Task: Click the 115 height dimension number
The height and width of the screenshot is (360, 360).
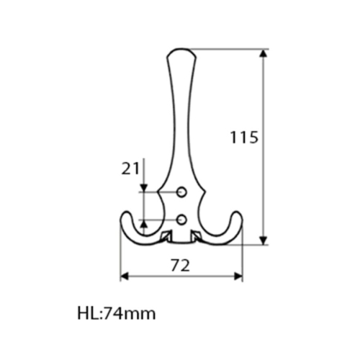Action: [x=244, y=138]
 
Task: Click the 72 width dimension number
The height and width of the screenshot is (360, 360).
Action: [x=180, y=266]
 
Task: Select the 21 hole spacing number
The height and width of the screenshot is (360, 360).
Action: [x=130, y=168]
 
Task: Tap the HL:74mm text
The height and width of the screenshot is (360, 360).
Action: [x=117, y=313]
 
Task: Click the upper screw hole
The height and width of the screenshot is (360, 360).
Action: [x=181, y=192]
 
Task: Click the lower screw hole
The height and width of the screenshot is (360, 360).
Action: [x=181, y=220]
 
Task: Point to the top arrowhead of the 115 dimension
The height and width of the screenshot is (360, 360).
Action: [x=264, y=53]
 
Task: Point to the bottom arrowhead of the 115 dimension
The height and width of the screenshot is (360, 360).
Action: [x=264, y=240]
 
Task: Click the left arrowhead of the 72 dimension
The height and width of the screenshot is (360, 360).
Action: [x=125, y=276]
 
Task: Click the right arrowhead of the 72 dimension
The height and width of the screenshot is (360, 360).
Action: [x=238, y=276]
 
